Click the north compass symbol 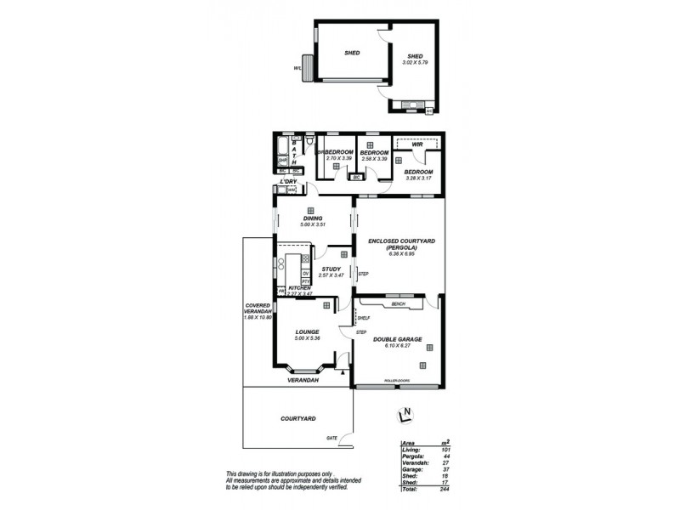click(x=405, y=416)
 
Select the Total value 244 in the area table click(x=444, y=489)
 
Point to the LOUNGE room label click(x=306, y=331)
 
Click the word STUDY click(x=331, y=269)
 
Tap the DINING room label click(x=312, y=218)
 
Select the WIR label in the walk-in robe click(x=417, y=145)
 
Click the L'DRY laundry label click(x=288, y=182)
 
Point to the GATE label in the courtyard click(x=331, y=438)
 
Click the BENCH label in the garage click(x=398, y=303)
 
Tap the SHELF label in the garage click(x=364, y=318)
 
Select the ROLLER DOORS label click(x=397, y=380)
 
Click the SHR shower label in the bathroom click(x=283, y=160)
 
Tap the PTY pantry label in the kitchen click(x=306, y=280)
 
